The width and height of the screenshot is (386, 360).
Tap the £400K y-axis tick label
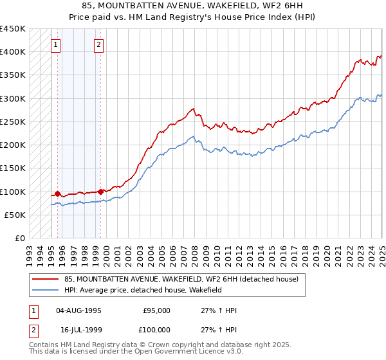pos(13,51)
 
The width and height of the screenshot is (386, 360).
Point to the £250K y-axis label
pos(13,122)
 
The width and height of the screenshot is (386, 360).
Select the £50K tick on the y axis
pos(15,215)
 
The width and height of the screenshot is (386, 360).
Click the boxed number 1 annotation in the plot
pos(56,44)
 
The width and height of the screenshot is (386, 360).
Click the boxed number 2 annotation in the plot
pos(98,44)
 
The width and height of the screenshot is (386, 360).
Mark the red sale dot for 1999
pos(101,191)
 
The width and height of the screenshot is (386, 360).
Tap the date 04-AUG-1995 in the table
pos(79,310)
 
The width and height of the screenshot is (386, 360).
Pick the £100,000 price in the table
pos(156,330)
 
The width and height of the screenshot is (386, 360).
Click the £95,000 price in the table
pos(156,310)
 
